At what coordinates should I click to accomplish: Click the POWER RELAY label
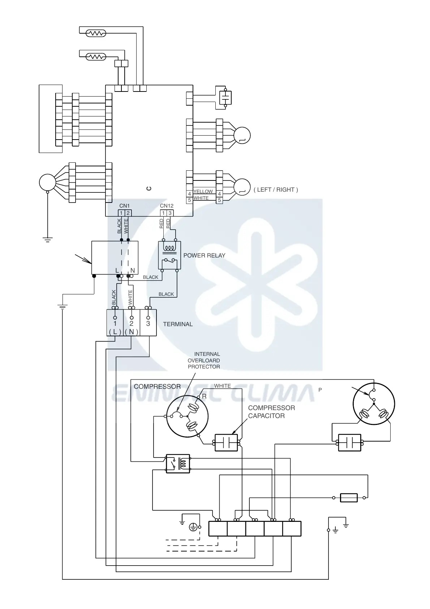[x=204, y=255]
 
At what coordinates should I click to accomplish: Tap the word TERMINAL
[x=178, y=324]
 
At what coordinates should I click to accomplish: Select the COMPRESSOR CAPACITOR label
[x=271, y=412]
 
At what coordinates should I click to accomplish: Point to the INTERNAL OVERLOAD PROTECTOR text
[x=204, y=360]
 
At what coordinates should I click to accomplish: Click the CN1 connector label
[x=124, y=206]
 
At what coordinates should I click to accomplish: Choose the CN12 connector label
[x=167, y=206]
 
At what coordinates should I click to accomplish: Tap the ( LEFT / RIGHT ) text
[x=276, y=189]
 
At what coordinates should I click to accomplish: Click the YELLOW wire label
[x=203, y=191]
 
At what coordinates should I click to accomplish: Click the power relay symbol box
[x=169, y=255]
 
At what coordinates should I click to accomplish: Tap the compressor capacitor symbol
[x=226, y=442]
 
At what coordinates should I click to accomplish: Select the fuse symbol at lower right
[x=349, y=498]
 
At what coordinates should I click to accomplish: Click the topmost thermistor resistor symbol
[x=96, y=33]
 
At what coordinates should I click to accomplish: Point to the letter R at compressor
[x=204, y=396]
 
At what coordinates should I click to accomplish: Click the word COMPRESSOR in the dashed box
[x=157, y=387]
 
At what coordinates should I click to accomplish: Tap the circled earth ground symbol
[x=194, y=527]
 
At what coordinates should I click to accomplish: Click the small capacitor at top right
[x=225, y=98]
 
